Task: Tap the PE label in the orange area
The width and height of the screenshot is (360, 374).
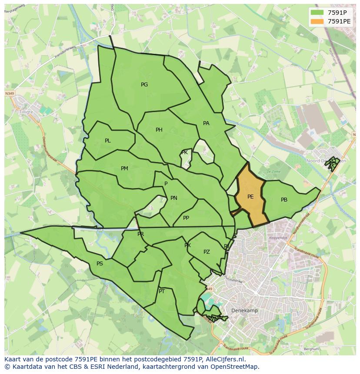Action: click(x=250, y=197)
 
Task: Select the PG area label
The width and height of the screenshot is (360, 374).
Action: click(x=144, y=85)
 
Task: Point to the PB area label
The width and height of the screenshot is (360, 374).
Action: click(x=284, y=200)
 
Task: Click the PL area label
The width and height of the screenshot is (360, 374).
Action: click(x=108, y=141)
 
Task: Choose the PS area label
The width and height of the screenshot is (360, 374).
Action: click(x=100, y=264)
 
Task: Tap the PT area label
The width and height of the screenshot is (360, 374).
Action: click(x=162, y=291)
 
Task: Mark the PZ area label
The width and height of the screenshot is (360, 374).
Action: click(x=207, y=252)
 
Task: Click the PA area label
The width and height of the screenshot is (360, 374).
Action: click(x=206, y=123)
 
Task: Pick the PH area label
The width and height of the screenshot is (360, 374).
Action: click(x=159, y=130)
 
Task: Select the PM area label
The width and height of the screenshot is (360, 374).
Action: click(x=124, y=169)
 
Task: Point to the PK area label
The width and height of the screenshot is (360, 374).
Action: click(x=184, y=152)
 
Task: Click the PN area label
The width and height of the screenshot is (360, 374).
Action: click(x=174, y=198)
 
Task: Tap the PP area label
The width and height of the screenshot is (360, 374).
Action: click(x=186, y=218)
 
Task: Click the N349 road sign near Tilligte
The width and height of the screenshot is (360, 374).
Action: click(x=9, y=93)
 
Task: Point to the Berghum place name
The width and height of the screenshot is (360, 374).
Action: click(x=311, y=349)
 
